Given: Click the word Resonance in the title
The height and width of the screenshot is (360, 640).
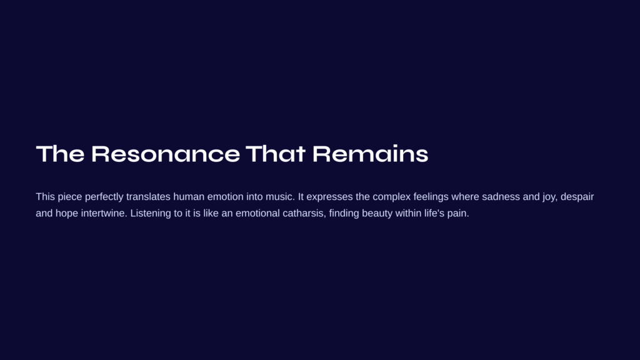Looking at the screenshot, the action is point(165,154).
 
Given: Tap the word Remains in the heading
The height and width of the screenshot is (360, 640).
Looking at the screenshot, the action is point(370,154).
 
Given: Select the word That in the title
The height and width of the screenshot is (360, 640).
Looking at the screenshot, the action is point(276,154).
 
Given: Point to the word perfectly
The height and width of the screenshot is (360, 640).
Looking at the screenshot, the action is point(104,197).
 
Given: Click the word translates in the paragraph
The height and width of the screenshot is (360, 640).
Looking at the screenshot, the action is point(148,197).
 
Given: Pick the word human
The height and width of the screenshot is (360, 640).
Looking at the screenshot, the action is point(189,197).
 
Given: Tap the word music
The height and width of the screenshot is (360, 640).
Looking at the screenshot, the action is point(280,197).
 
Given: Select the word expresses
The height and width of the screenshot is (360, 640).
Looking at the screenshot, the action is point(329,197).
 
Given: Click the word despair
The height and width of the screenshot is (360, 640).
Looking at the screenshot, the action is point(577,197).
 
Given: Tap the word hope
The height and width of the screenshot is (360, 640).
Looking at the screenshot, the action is point(66,214).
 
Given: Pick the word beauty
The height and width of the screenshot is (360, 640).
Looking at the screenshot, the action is point(377,214).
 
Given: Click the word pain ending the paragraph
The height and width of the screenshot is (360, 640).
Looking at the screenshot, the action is point(458,214).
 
